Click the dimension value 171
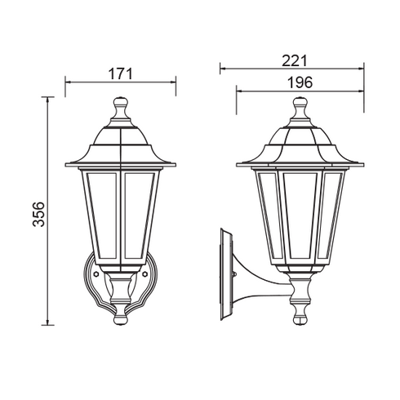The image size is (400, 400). (x=120, y=73)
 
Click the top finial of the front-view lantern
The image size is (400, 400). (x=121, y=106)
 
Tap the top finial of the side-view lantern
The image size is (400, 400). (x=299, y=106)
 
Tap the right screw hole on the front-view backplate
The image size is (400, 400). (x=144, y=276)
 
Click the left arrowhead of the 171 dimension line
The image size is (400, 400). (x=67, y=82)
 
